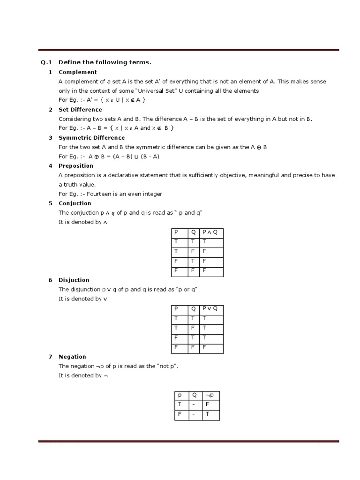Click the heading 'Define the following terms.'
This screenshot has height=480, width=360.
pyautogui.click(x=105, y=62)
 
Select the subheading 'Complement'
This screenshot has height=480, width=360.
pyautogui.click(x=78, y=72)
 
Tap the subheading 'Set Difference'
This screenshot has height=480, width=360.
pyautogui.click(x=80, y=110)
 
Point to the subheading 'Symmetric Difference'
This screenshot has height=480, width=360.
pyautogui.click(x=91, y=138)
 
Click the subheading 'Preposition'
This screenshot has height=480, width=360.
pyautogui.click(x=76, y=166)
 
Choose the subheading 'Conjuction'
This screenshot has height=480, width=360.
pyautogui.click(x=75, y=203)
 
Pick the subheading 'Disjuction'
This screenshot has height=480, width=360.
pyautogui.click(x=74, y=280)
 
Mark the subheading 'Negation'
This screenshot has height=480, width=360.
pyautogui.click(x=72, y=357)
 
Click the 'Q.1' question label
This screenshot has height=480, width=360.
pyautogui.click(x=45, y=62)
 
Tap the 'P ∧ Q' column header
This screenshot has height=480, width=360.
pyautogui.click(x=210, y=232)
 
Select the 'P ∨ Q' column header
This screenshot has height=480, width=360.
pyautogui.click(x=210, y=309)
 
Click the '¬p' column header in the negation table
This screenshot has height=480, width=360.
pyautogui.click(x=209, y=395)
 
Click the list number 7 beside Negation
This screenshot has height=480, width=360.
pyautogui.click(x=50, y=357)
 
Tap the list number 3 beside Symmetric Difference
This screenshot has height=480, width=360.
pyautogui.click(x=50, y=138)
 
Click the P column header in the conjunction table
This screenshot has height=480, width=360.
pyautogui.click(x=176, y=232)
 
